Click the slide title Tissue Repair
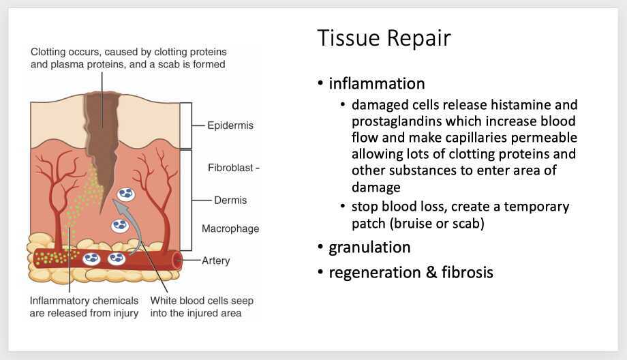[384, 39]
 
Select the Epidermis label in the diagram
[230, 125]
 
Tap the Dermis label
[229, 200]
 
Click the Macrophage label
[230, 229]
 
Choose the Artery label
[216, 260]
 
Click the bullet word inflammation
[377, 84]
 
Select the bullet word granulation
[369, 247]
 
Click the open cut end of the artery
[177, 258]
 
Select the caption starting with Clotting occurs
[127, 58]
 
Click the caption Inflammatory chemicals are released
[84, 307]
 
